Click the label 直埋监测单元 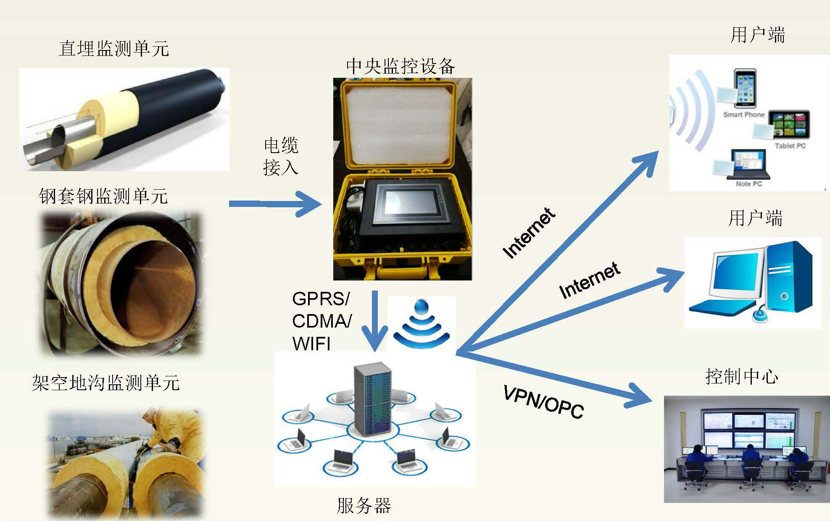[x=114, y=48]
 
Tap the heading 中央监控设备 [x=401, y=66]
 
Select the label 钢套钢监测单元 [x=103, y=196]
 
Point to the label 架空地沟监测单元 [x=106, y=383]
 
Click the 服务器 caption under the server [x=364, y=505]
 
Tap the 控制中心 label [x=741, y=376]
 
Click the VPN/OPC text [x=543, y=402]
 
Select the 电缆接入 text [x=281, y=156]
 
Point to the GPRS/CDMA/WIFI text [x=321, y=321]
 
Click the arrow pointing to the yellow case [x=275, y=204]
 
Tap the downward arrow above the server [x=375, y=320]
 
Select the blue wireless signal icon [x=422, y=324]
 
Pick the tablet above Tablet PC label [x=789, y=125]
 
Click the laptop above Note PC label [x=749, y=164]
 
